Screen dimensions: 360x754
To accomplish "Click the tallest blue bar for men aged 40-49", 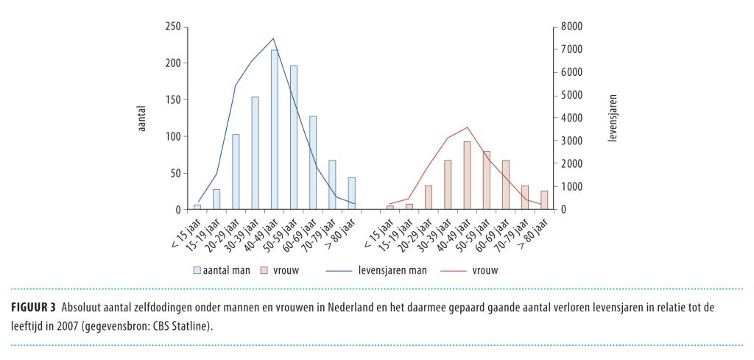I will [274, 130].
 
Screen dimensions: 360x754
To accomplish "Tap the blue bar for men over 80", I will [351, 194].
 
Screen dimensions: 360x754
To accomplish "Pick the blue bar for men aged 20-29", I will [236, 172].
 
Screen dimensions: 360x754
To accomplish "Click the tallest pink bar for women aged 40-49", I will [467, 175].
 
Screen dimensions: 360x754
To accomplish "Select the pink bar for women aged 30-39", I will [448, 185].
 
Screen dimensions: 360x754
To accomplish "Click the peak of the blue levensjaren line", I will [274, 38].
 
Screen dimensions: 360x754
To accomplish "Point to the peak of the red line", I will [467, 127].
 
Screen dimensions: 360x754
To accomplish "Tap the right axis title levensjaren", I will [613, 118].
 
